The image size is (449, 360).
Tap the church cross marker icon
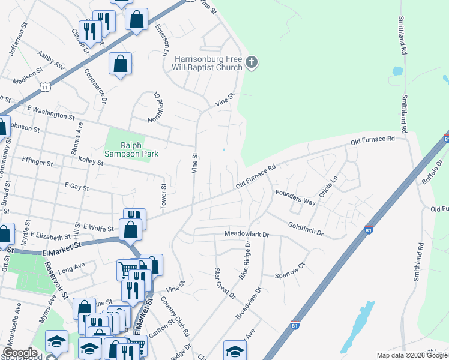252,62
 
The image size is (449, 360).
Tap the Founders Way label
295,197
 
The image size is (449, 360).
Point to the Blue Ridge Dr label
245,259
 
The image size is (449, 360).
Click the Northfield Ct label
158,106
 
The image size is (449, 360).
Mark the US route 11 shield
44,88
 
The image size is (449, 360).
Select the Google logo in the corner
20,353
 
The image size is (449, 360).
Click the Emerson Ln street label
161,40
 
